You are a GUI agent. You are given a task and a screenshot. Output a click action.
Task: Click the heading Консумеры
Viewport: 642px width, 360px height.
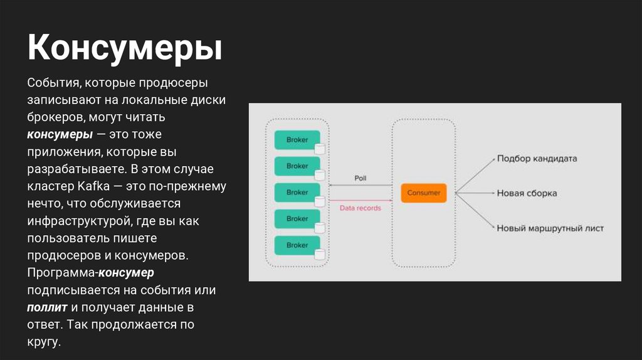pyautogui.click(x=124, y=48)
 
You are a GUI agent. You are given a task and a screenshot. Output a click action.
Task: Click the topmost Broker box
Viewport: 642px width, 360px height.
pyautogui.click(x=297, y=140)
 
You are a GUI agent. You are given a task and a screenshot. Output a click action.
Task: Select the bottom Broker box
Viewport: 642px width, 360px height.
pyautogui.click(x=297, y=245)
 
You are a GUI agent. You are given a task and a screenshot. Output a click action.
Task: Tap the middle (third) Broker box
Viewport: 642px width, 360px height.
pyautogui.click(x=297, y=193)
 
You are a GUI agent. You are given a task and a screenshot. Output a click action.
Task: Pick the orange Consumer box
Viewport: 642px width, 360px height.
pyautogui.click(x=424, y=193)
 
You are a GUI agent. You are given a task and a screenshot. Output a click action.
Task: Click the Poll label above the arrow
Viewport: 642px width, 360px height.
pyautogui.click(x=360, y=178)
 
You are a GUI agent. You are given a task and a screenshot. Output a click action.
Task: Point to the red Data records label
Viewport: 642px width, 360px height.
pyautogui.click(x=360, y=208)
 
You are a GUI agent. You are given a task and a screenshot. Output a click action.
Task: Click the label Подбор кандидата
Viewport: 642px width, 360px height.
pyautogui.click(x=537, y=159)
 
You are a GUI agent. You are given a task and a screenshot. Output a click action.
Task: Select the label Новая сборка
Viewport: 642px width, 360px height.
pyautogui.click(x=527, y=193)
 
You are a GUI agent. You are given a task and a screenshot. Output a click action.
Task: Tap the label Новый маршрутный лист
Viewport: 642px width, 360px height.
pyautogui.click(x=550, y=228)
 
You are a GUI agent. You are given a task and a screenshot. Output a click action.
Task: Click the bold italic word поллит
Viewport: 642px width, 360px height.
pyautogui.click(x=47, y=308)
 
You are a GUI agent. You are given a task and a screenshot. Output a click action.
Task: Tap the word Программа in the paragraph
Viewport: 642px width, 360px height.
pyautogui.click(x=60, y=273)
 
